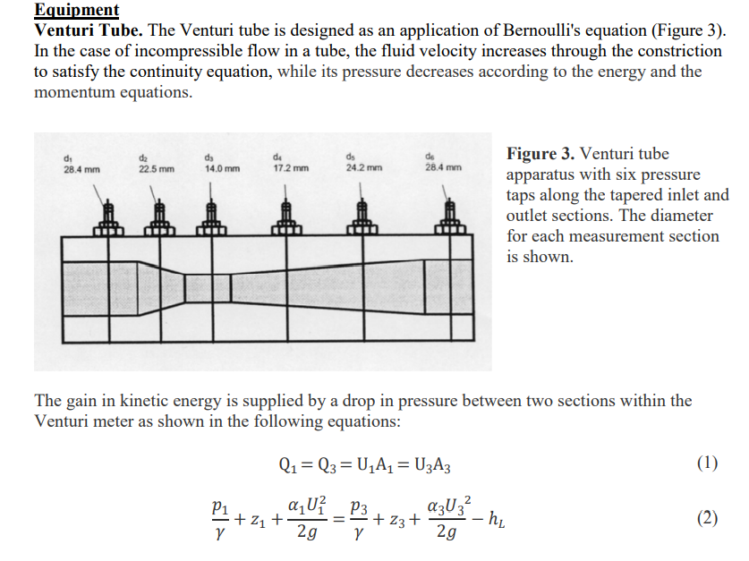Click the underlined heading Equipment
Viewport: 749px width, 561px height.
(76, 10)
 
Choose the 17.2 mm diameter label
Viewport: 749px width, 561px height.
(291, 168)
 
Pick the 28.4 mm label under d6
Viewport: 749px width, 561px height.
(444, 168)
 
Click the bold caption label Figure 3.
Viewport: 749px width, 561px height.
(540, 154)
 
